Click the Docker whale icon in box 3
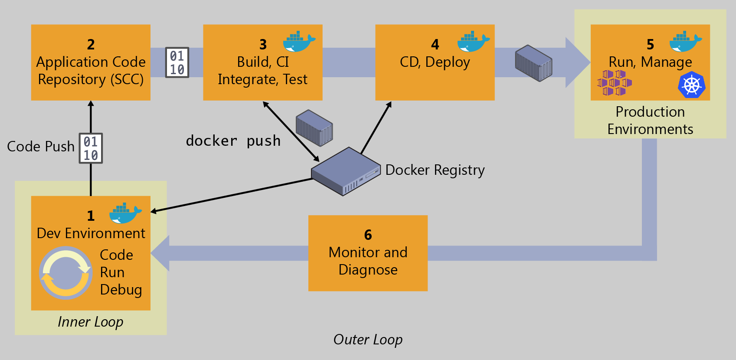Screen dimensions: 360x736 [299, 42]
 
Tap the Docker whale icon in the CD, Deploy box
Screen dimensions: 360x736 [473, 42]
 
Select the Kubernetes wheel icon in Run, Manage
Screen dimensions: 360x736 [691, 85]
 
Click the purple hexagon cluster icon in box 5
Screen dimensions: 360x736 [614, 82]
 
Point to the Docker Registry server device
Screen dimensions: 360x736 [346, 171]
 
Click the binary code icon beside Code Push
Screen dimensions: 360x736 [91, 148]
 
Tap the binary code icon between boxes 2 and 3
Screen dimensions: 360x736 [177, 62]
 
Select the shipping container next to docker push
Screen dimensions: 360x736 [314, 128]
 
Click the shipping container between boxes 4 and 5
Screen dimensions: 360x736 [533, 63]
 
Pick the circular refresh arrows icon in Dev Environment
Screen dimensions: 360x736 [65, 273]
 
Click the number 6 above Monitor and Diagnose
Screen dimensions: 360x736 [368, 235]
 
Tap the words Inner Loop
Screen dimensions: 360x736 [90, 322]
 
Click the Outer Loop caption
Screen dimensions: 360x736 [368, 340]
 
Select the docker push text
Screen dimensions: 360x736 [233, 141]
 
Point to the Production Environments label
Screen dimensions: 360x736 [650, 121]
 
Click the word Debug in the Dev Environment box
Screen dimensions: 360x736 [121, 290]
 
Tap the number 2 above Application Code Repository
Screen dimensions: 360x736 [91, 44]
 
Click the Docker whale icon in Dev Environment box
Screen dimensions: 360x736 [125, 213]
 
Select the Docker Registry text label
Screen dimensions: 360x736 [435, 170]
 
